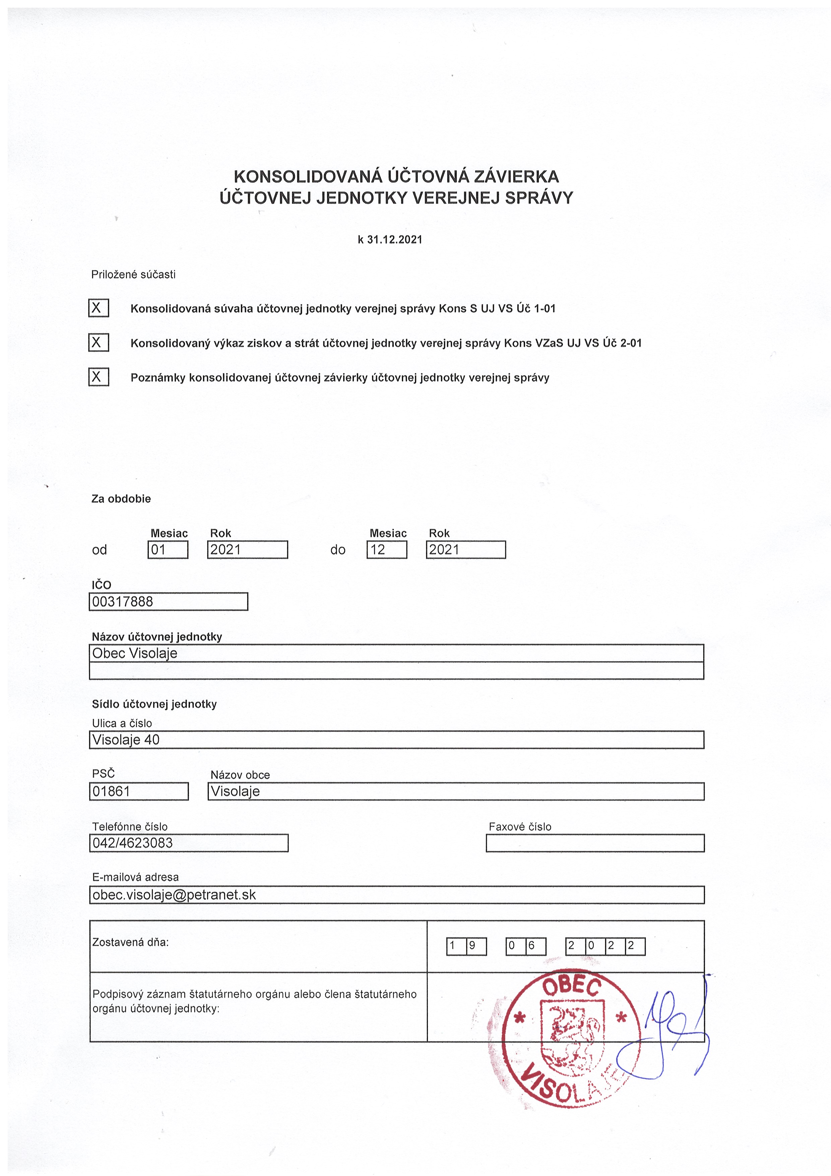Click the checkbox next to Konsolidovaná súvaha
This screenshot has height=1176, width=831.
pyautogui.click(x=98, y=308)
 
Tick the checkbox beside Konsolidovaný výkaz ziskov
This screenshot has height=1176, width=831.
pyautogui.click(x=98, y=342)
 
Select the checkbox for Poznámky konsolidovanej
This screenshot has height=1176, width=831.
pyautogui.click(x=98, y=377)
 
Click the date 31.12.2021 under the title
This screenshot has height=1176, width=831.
pyautogui.click(x=394, y=240)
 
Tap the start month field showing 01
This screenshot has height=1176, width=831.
pyautogui.click(x=168, y=549)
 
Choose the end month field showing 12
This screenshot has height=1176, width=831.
pyautogui.click(x=387, y=549)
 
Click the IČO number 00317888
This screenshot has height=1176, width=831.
pyautogui.click(x=123, y=601)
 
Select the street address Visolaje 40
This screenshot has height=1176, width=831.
pyautogui.click(x=126, y=740)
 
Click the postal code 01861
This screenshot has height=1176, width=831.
pyautogui.click(x=112, y=791)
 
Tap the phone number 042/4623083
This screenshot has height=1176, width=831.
pyautogui.click(x=133, y=843)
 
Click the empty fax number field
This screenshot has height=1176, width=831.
pyautogui.click(x=595, y=843)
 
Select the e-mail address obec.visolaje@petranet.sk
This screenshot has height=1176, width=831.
pyautogui.click(x=174, y=895)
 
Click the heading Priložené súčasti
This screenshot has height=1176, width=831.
pyautogui.click(x=133, y=275)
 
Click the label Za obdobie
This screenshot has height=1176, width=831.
pyautogui.click(x=121, y=499)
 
